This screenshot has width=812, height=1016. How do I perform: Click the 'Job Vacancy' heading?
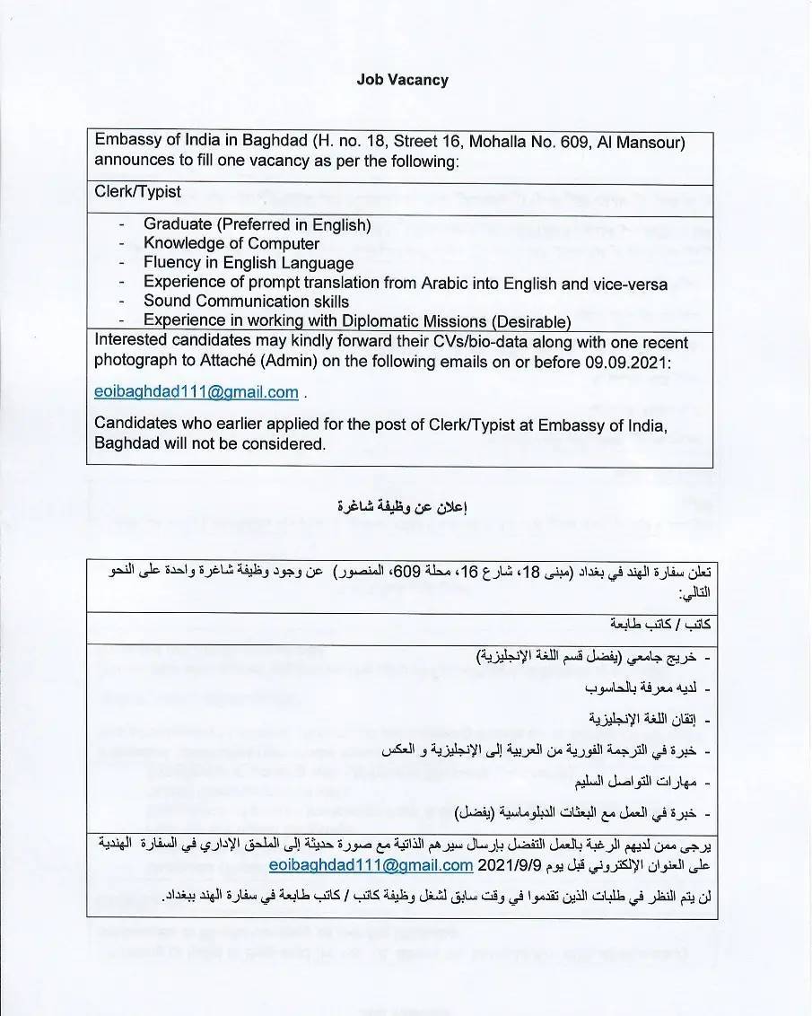pyautogui.click(x=402, y=80)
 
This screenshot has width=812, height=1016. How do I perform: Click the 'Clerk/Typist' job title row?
pyautogui.click(x=137, y=192)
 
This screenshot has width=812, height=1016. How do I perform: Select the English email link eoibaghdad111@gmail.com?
pyautogui.click(x=196, y=392)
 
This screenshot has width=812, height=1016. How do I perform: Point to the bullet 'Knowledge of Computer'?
pyautogui.click(x=231, y=244)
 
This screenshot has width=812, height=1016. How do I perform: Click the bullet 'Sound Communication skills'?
pyautogui.click(x=246, y=302)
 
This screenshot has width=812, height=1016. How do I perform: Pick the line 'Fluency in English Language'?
pyautogui.click(x=249, y=263)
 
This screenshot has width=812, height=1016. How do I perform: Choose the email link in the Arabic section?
pyautogui.click(x=371, y=865)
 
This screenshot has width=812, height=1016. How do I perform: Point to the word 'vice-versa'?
pyautogui.click(x=628, y=283)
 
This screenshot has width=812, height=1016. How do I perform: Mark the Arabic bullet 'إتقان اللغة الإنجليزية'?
pyautogui.click(x=642, y=719)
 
